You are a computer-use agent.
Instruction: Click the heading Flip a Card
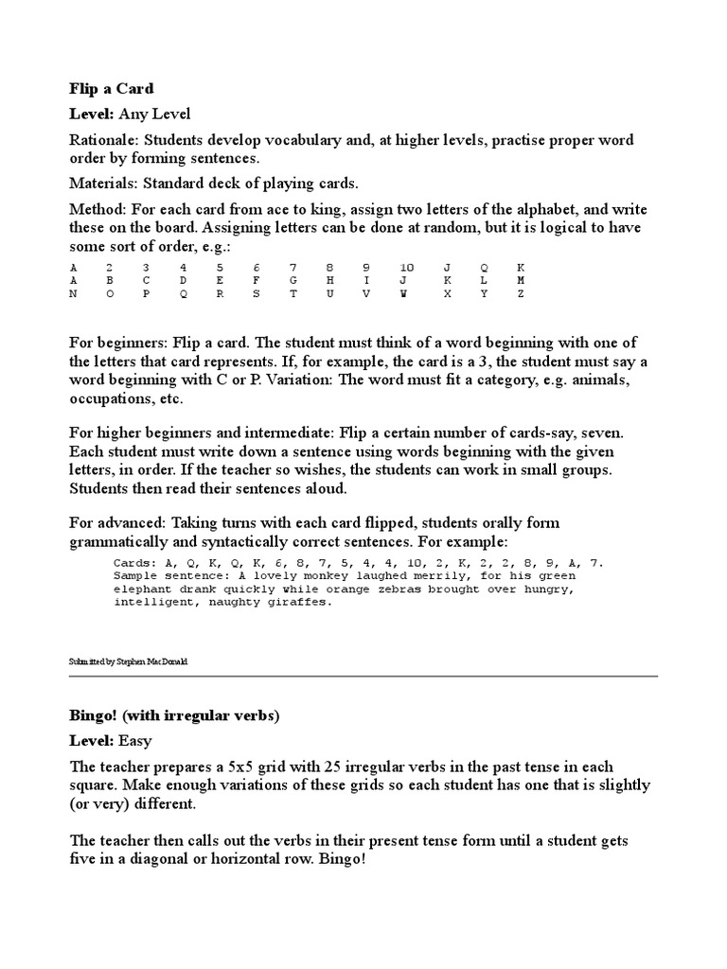tap(112, 89)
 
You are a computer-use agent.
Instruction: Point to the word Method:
tap(97, 209)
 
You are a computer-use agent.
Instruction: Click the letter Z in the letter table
tap(521, 294)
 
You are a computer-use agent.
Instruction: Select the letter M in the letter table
tap(521, 281)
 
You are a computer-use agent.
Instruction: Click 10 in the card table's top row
tap(406, 268)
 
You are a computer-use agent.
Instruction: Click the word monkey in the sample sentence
tap(308, 575)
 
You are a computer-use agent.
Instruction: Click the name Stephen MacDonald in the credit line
tap(151, 662)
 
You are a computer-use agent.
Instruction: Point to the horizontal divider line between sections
tap(363, 676)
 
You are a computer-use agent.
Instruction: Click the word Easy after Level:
tap(134, 740)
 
